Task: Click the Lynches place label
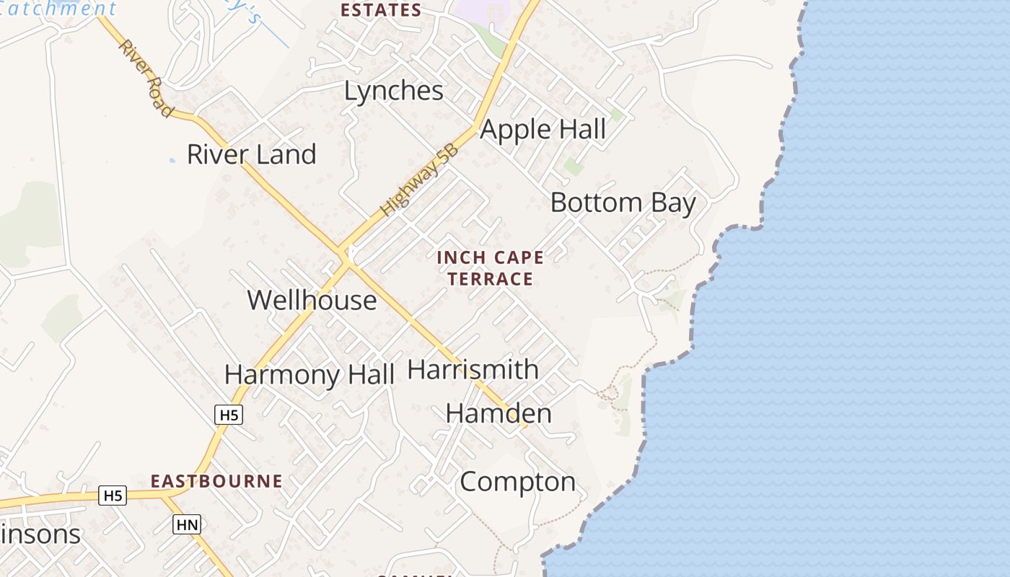coord(393,92)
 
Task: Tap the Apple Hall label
coord(543,130)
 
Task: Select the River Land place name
coord(251,154)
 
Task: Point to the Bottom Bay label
coord(623,203)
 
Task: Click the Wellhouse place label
coord(312,300)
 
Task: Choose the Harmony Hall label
coord(309,375)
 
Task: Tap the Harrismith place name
coord(473,369)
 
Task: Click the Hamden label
coord(499,413)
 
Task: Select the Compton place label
coord(517,482)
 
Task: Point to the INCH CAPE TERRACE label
coord(490,268)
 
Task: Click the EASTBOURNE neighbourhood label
coord(216,481)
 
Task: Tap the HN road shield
coord(187,524)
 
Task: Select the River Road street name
coord(146,78)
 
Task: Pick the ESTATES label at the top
coord(380,10)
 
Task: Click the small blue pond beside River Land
coord(172,160)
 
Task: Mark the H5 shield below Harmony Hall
coord(229,415)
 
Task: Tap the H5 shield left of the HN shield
coord(113,495)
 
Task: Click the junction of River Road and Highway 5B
coord(345,257)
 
